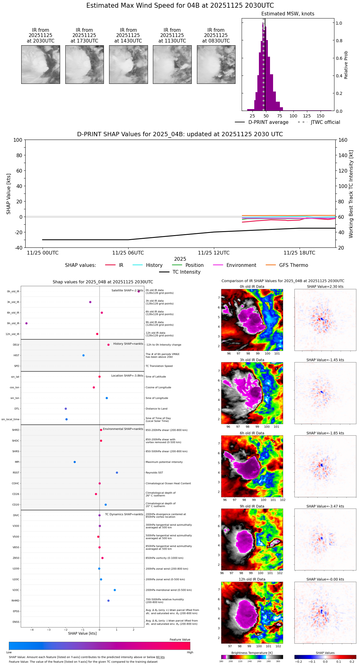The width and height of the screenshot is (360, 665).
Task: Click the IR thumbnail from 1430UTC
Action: (128, 64)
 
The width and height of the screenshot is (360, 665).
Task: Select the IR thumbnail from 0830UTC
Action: (216, 64)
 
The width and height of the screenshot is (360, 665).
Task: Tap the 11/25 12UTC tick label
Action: (214, 253)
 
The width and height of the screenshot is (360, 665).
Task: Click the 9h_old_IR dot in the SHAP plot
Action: (27, 323)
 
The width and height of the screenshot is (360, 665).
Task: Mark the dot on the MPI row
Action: (75, 462)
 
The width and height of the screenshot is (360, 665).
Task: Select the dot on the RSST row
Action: (117, 473)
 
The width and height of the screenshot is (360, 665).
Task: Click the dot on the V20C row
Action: (115, 590)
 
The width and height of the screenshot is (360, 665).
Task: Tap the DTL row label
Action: (17, 409)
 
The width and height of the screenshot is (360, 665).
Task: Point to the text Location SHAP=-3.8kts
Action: (127, 376)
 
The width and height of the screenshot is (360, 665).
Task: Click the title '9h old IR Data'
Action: (252, 506)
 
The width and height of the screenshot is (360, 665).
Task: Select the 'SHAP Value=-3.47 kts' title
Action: (325, 506)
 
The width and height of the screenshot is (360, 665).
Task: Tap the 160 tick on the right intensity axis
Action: (343, 140)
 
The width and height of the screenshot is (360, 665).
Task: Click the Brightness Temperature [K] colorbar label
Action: (252, 653)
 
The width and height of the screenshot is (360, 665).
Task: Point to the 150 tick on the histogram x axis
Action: (321, 116)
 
